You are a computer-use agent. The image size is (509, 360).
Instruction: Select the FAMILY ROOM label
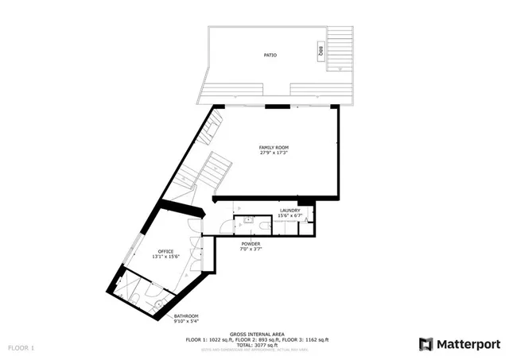274,148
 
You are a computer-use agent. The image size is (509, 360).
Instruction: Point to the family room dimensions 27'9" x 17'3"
274,153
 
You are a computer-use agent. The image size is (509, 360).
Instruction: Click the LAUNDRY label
289,211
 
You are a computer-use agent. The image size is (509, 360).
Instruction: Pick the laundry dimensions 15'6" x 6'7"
289,216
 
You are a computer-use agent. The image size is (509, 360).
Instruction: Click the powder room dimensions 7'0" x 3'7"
251,250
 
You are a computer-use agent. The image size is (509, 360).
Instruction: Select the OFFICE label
165,251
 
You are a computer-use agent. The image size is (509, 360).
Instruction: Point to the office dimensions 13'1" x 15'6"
165,257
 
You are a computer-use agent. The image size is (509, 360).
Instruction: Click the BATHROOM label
186,316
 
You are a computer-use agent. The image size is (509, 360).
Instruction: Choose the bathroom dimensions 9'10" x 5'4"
186,322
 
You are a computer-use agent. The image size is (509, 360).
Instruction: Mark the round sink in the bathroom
158,303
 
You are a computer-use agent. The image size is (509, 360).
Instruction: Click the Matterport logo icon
426,343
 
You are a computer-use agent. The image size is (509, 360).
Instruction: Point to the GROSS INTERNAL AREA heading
254,334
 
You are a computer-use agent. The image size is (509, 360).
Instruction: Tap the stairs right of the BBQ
341,48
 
